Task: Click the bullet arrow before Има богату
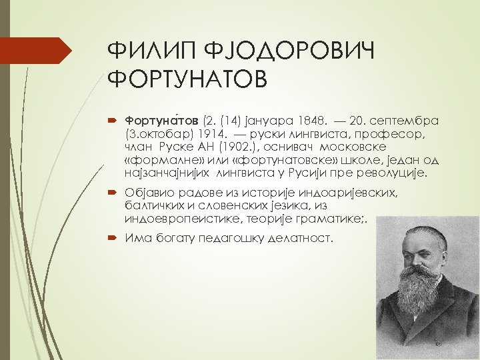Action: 113,239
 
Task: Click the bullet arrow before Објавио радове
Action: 113,193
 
